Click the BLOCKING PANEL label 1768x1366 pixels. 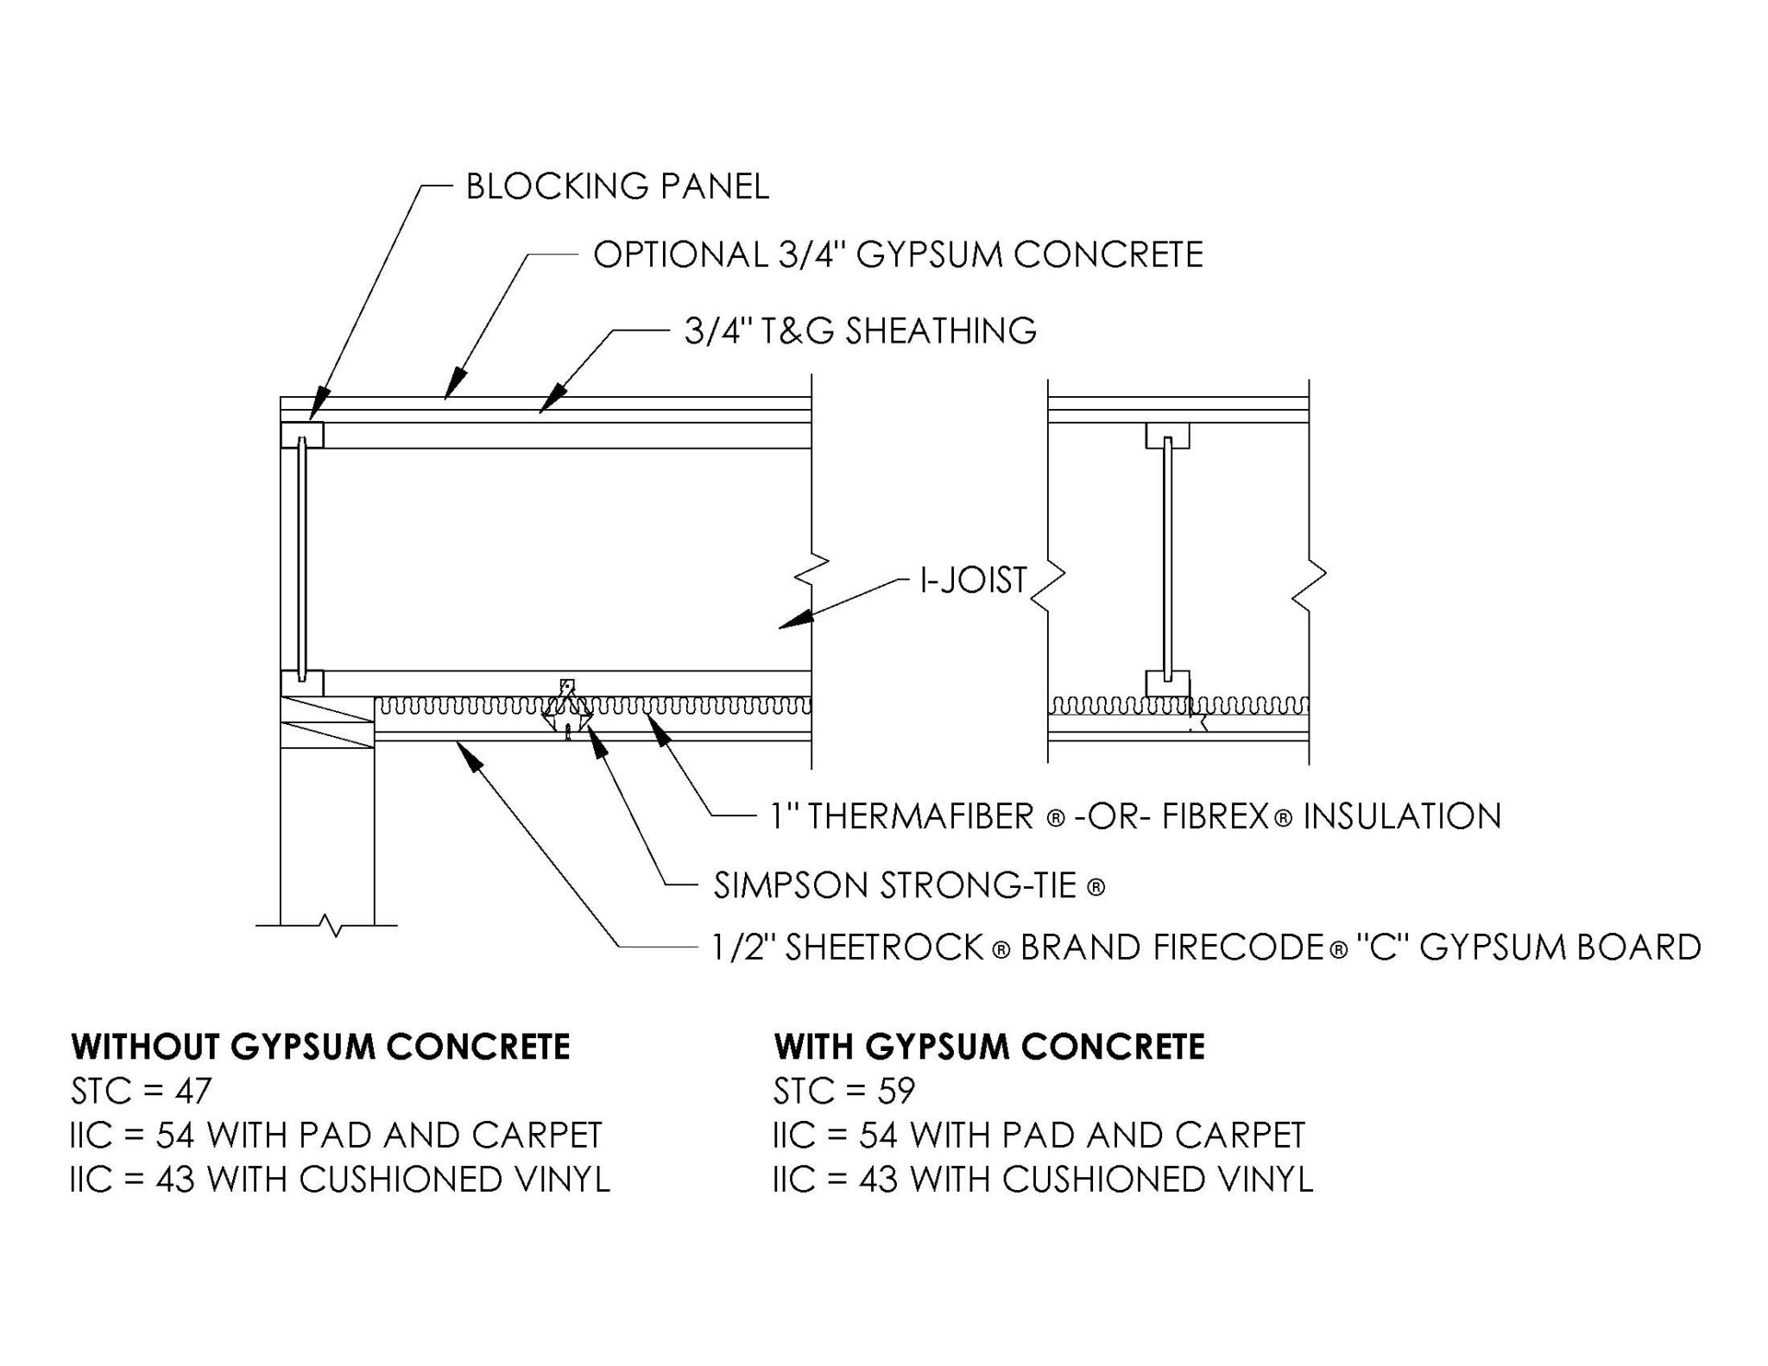(616, 186)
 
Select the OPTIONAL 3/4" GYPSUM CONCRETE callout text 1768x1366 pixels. (897, 255)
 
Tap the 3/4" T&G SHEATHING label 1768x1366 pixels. (860, 330)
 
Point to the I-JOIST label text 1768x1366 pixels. (973, 580)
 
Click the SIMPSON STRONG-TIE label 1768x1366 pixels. (908, 886)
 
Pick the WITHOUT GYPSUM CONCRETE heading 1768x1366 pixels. (320, 1047)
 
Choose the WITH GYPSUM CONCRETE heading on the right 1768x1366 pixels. (989, 1047)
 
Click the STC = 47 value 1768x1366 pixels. (141, 1091)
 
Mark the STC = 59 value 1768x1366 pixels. (843, 1091)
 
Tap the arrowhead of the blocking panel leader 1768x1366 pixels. (319, 405)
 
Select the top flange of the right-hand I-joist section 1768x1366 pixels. (1167, 436)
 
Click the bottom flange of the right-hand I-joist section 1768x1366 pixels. (1167, 683)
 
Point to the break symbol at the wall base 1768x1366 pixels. (331, 926)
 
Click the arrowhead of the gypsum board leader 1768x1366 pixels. (470, 757)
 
